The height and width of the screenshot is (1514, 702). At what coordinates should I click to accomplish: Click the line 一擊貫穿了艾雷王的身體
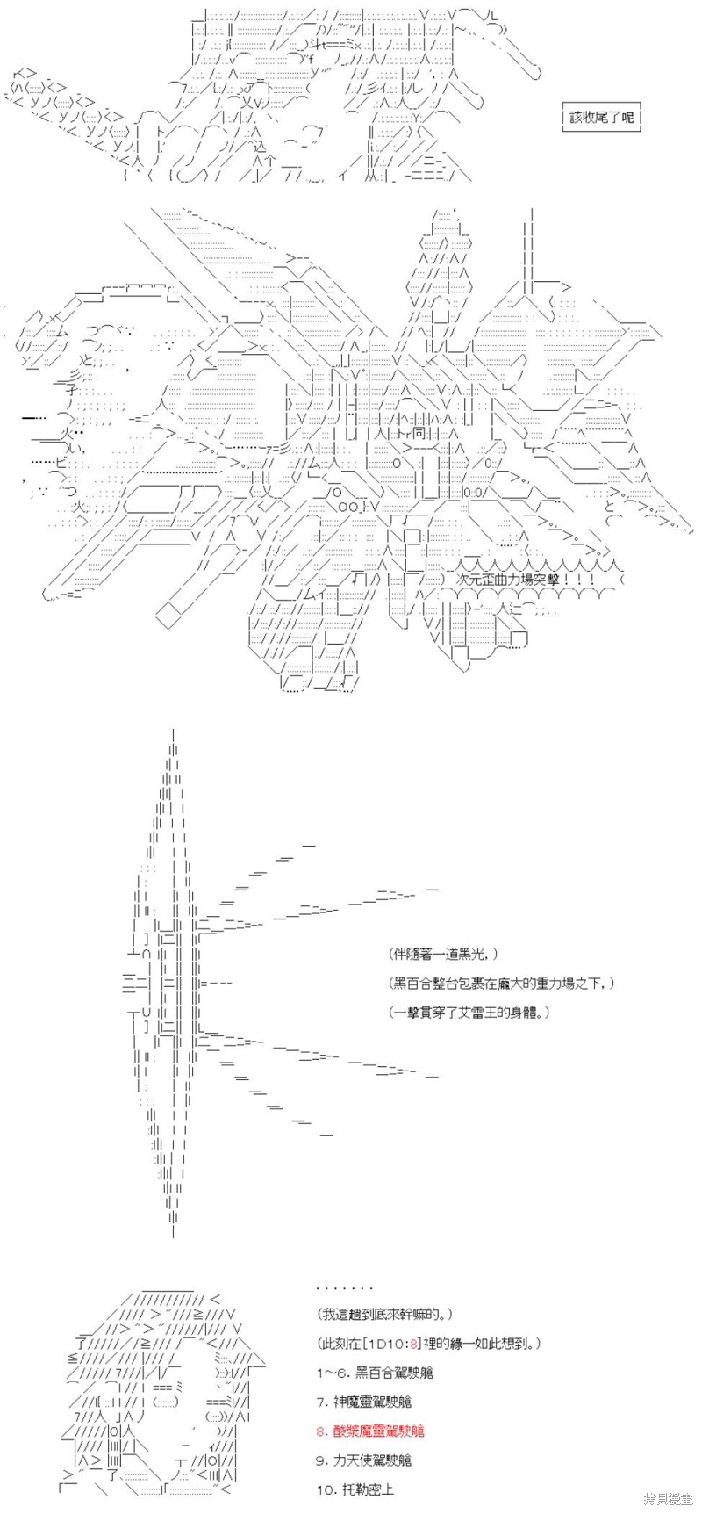pyautogui.click(x=471, y=1012)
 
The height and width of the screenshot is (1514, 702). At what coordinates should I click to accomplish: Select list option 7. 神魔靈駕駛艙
pyautogui.click(x=369, y=1402)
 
